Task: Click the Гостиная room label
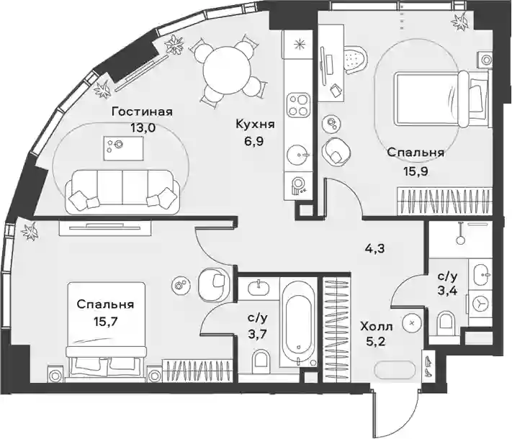(x=142, y=112)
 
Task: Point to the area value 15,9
(x=416, y=171)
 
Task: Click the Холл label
(x=377, y=326)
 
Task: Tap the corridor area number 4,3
(x=375, y=249)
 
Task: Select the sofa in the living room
(x=122, y=192)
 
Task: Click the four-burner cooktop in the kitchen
(x=298, y=105)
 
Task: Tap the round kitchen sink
(x=297, y=155)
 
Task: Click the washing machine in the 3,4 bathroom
(x=480, y=304)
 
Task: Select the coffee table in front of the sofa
(x=123, y=148)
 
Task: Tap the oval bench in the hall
(x=395, y=370)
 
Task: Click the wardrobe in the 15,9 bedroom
(x=444, y=202)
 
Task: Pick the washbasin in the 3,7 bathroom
(x=259, y=287)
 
